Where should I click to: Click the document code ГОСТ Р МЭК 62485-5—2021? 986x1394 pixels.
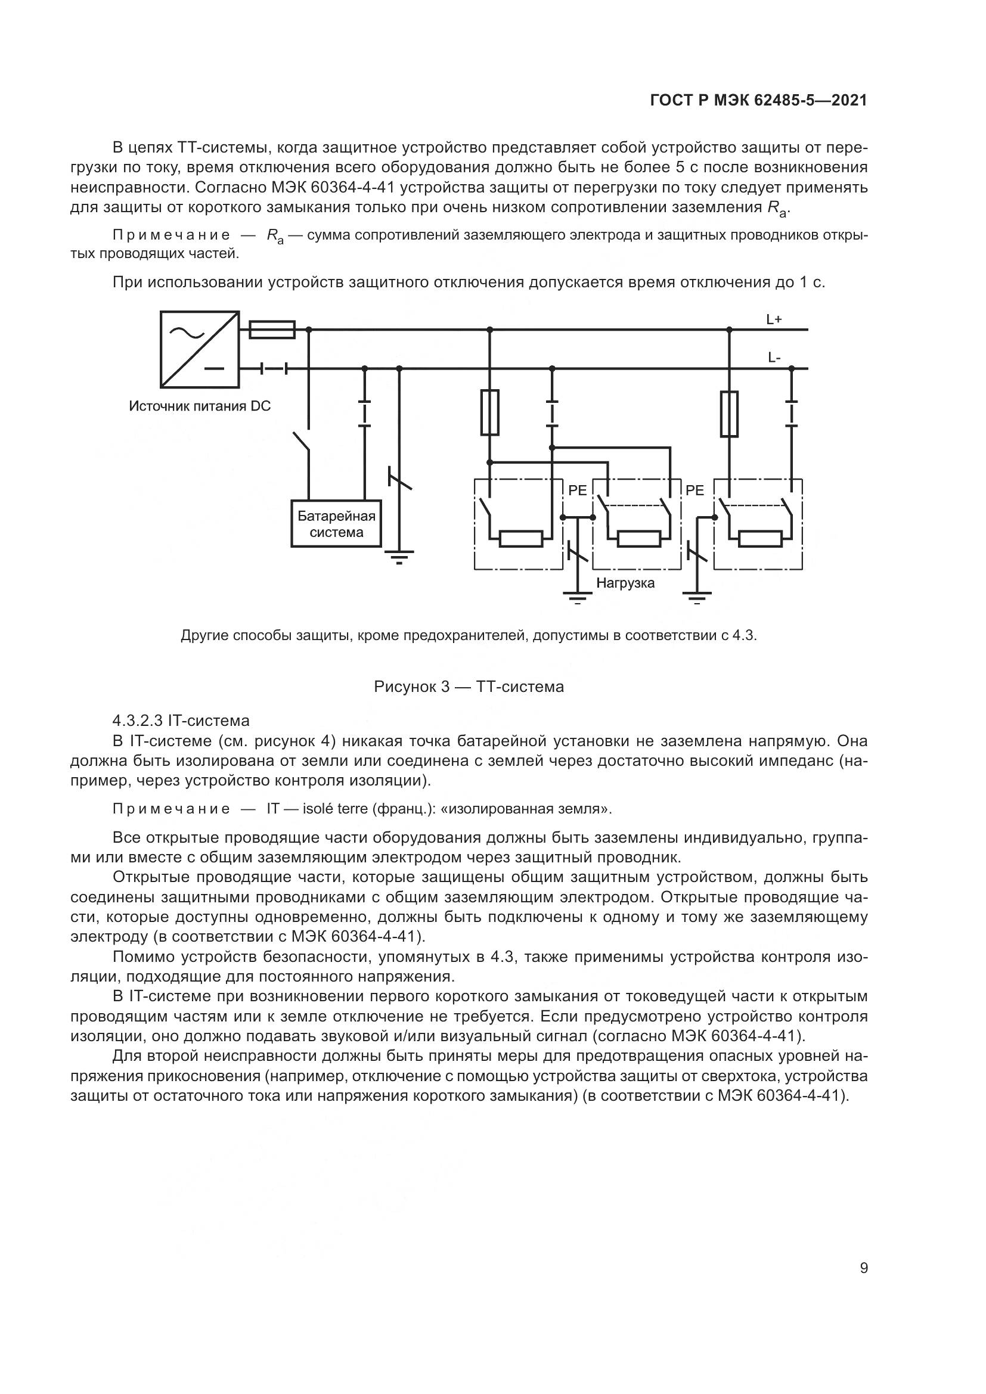758,101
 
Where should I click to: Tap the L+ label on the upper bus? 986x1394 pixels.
774,319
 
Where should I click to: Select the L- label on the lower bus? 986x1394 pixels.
774,358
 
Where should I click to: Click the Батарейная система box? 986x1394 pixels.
336,523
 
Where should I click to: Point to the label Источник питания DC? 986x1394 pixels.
200,406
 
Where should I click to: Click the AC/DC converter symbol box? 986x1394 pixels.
199,349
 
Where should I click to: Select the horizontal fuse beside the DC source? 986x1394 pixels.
272,330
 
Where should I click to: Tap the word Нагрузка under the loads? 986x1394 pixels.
625,583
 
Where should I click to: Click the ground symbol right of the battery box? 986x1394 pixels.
399,557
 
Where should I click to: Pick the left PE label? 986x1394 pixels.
578,490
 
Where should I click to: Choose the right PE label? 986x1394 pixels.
694,490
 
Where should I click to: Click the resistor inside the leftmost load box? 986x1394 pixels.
521,539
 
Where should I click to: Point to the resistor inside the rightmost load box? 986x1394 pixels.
760,539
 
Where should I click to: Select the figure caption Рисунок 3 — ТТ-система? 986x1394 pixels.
469,687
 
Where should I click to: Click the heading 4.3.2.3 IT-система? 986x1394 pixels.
181,721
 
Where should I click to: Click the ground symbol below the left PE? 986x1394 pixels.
578,597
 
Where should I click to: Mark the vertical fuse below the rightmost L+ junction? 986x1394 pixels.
729,414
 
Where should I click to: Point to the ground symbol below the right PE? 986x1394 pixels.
696,597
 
